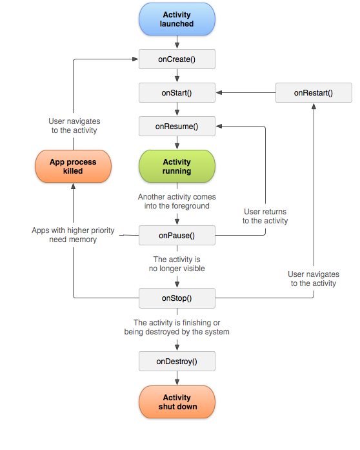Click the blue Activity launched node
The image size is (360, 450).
pos(177,19)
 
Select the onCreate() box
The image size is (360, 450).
pos(177,59)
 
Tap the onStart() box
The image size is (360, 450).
pos(177,93)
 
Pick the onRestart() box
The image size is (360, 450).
pos(314,93)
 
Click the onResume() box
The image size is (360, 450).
pos(177,127)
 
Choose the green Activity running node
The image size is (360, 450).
pos(177,167)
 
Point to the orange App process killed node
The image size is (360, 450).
pos(73,167)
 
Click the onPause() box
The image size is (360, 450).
pos(177,236)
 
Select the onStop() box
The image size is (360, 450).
pos(177,298)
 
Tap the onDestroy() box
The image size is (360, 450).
pos(177,362)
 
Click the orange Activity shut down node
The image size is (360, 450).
pos(177,402)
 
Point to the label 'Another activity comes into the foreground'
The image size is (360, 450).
pos(176,201)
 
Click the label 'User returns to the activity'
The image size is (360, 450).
pos(265,216)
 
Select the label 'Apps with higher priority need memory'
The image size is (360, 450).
pos(73,235)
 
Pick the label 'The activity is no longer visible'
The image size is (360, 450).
pos(176,263)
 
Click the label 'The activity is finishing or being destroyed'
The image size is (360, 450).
pos(177,327)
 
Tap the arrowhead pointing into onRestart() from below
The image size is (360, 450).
pos(314,106)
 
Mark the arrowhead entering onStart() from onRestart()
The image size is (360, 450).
pos(219,93)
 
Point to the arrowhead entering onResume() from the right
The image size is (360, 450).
pos(219,127)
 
